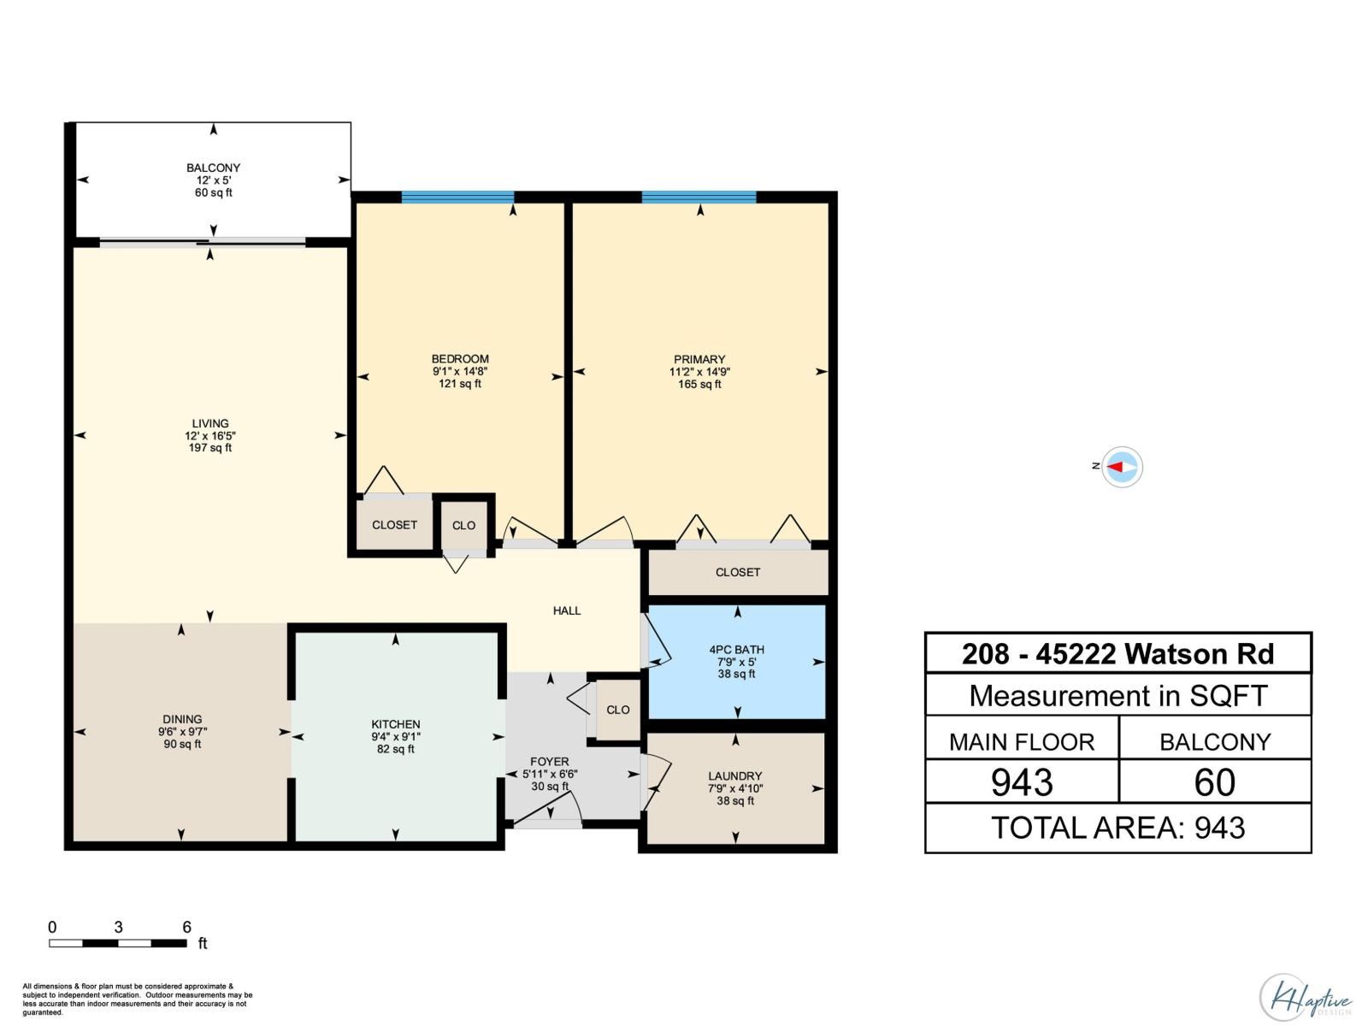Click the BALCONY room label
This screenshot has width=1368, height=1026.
[x=214, y=168]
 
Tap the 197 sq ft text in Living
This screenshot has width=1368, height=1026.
[x=210, y=448]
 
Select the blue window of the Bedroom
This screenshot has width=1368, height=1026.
[x=457, y=198]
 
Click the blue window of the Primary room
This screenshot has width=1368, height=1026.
[x=699, y=198]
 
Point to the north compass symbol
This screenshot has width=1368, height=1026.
[x=1121, y=467]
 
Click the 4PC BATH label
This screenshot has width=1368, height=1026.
[x=736, y=650]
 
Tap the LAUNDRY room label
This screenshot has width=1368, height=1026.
[x=734, y=776]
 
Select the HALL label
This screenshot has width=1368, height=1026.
[x=567, y=610]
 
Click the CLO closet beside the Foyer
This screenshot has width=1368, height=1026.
[x=617, y=710]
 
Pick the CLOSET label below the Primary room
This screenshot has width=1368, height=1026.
[x=738, y=572]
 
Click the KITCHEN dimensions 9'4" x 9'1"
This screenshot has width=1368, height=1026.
[x=396, y=737]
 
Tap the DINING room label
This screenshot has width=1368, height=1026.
[x=182, y=719]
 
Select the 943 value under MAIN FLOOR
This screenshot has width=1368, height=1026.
[x=1022, y=782]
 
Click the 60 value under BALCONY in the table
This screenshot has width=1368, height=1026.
[x=1214, y=782]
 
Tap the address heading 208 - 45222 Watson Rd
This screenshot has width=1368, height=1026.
[x=1117, y=654]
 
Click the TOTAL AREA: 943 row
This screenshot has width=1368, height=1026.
[x=1117, y=828]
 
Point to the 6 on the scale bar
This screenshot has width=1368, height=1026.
[x=186, y=927]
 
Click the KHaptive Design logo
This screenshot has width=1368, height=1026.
[x=1305, y=998]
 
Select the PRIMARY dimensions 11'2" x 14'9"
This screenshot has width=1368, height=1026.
[x=699, y=372]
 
